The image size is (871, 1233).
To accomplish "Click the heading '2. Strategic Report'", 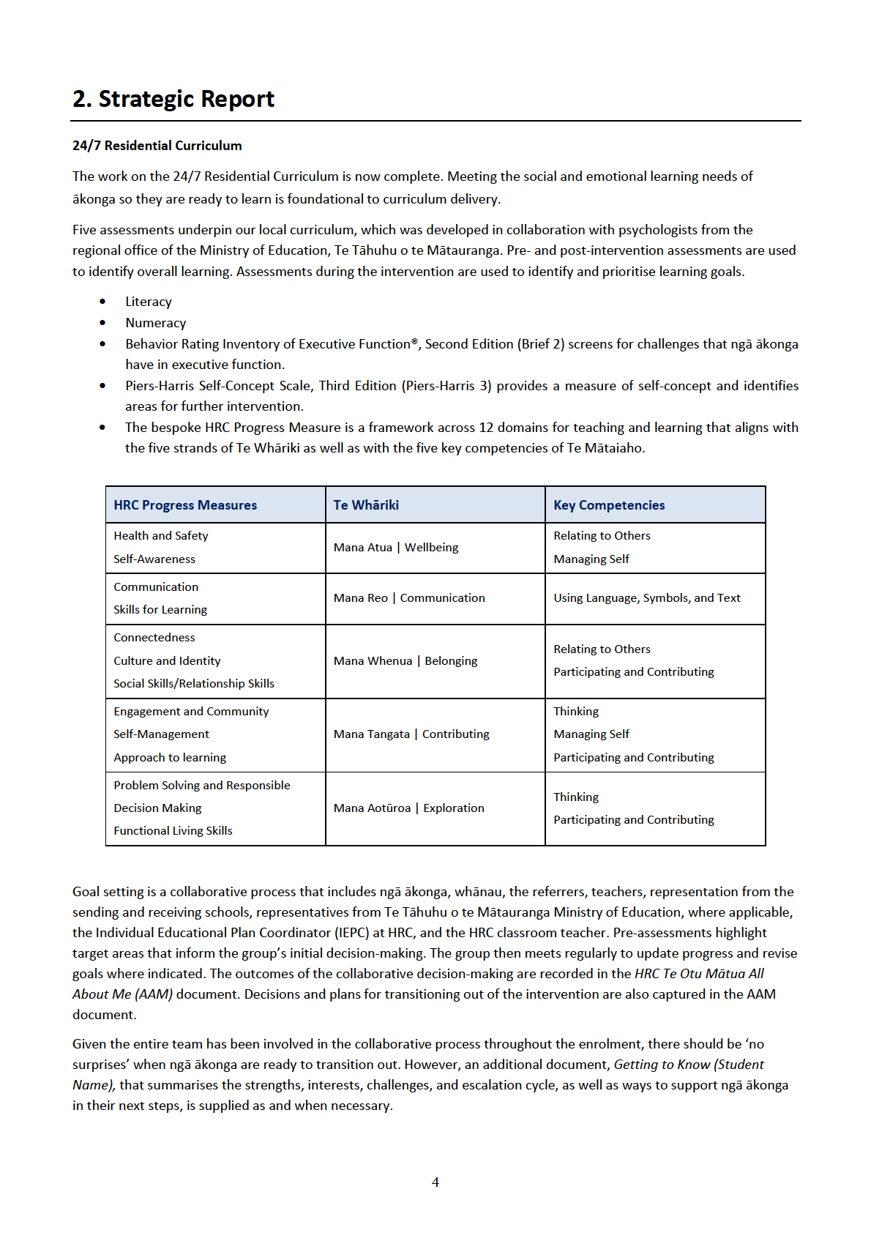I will coord(173,99).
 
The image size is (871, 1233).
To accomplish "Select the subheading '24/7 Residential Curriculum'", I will coord(157,146).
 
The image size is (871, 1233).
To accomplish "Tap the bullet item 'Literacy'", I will coord(149,302).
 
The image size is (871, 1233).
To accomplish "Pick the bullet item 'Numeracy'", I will coord(155,323).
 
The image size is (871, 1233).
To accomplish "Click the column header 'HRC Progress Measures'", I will coord(185,505).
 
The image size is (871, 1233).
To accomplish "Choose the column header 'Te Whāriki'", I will coord(366,505).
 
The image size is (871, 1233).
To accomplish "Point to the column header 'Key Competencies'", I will coord(609,505).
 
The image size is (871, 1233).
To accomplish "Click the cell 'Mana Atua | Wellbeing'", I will coord(396,548).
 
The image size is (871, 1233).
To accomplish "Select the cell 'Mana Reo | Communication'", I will coord(409,598).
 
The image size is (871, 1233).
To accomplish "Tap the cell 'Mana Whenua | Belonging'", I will coord(405,661).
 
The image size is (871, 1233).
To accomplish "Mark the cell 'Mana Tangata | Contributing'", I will coord(411,734).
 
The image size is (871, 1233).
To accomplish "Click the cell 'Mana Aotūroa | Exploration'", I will coord(409,808).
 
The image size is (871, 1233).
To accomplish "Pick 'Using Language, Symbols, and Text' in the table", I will coord(647,598).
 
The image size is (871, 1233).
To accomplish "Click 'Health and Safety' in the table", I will coord(161,536).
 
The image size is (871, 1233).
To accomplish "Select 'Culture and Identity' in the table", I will coord(167,661).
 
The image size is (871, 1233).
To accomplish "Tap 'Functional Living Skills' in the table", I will coord(173,831).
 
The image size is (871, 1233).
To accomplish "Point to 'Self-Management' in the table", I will coord(161,734).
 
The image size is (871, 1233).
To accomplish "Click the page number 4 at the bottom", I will coord(435,1182).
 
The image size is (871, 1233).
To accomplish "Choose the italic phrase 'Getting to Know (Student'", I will coord(689,1065).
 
